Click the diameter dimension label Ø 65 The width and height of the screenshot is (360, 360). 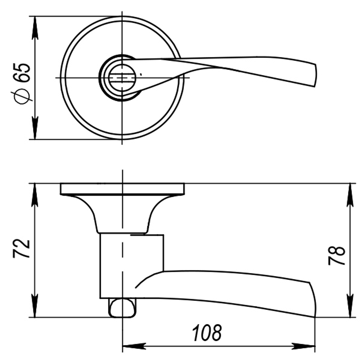point(21,84)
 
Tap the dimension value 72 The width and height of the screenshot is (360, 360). point(21,248)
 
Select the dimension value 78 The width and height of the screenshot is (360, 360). point(337,256)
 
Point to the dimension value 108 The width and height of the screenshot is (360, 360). point(207,333)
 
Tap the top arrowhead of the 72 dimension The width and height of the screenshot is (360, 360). point(35,194)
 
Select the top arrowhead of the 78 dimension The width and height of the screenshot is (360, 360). point(350,194)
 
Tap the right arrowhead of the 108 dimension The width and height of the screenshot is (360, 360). point(304,347)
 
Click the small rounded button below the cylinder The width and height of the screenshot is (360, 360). point(123,308)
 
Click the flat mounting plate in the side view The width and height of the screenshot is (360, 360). point(122,189)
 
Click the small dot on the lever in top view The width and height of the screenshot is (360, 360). point(141,75)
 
